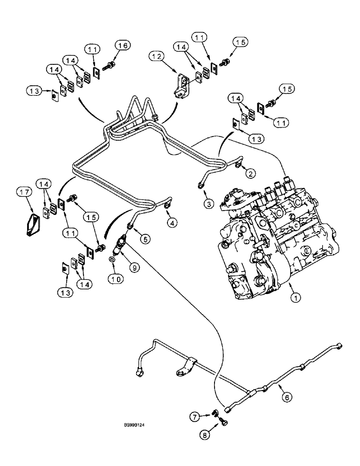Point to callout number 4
point(173,224)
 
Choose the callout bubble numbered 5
point(146,240)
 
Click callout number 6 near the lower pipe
point(286,397)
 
